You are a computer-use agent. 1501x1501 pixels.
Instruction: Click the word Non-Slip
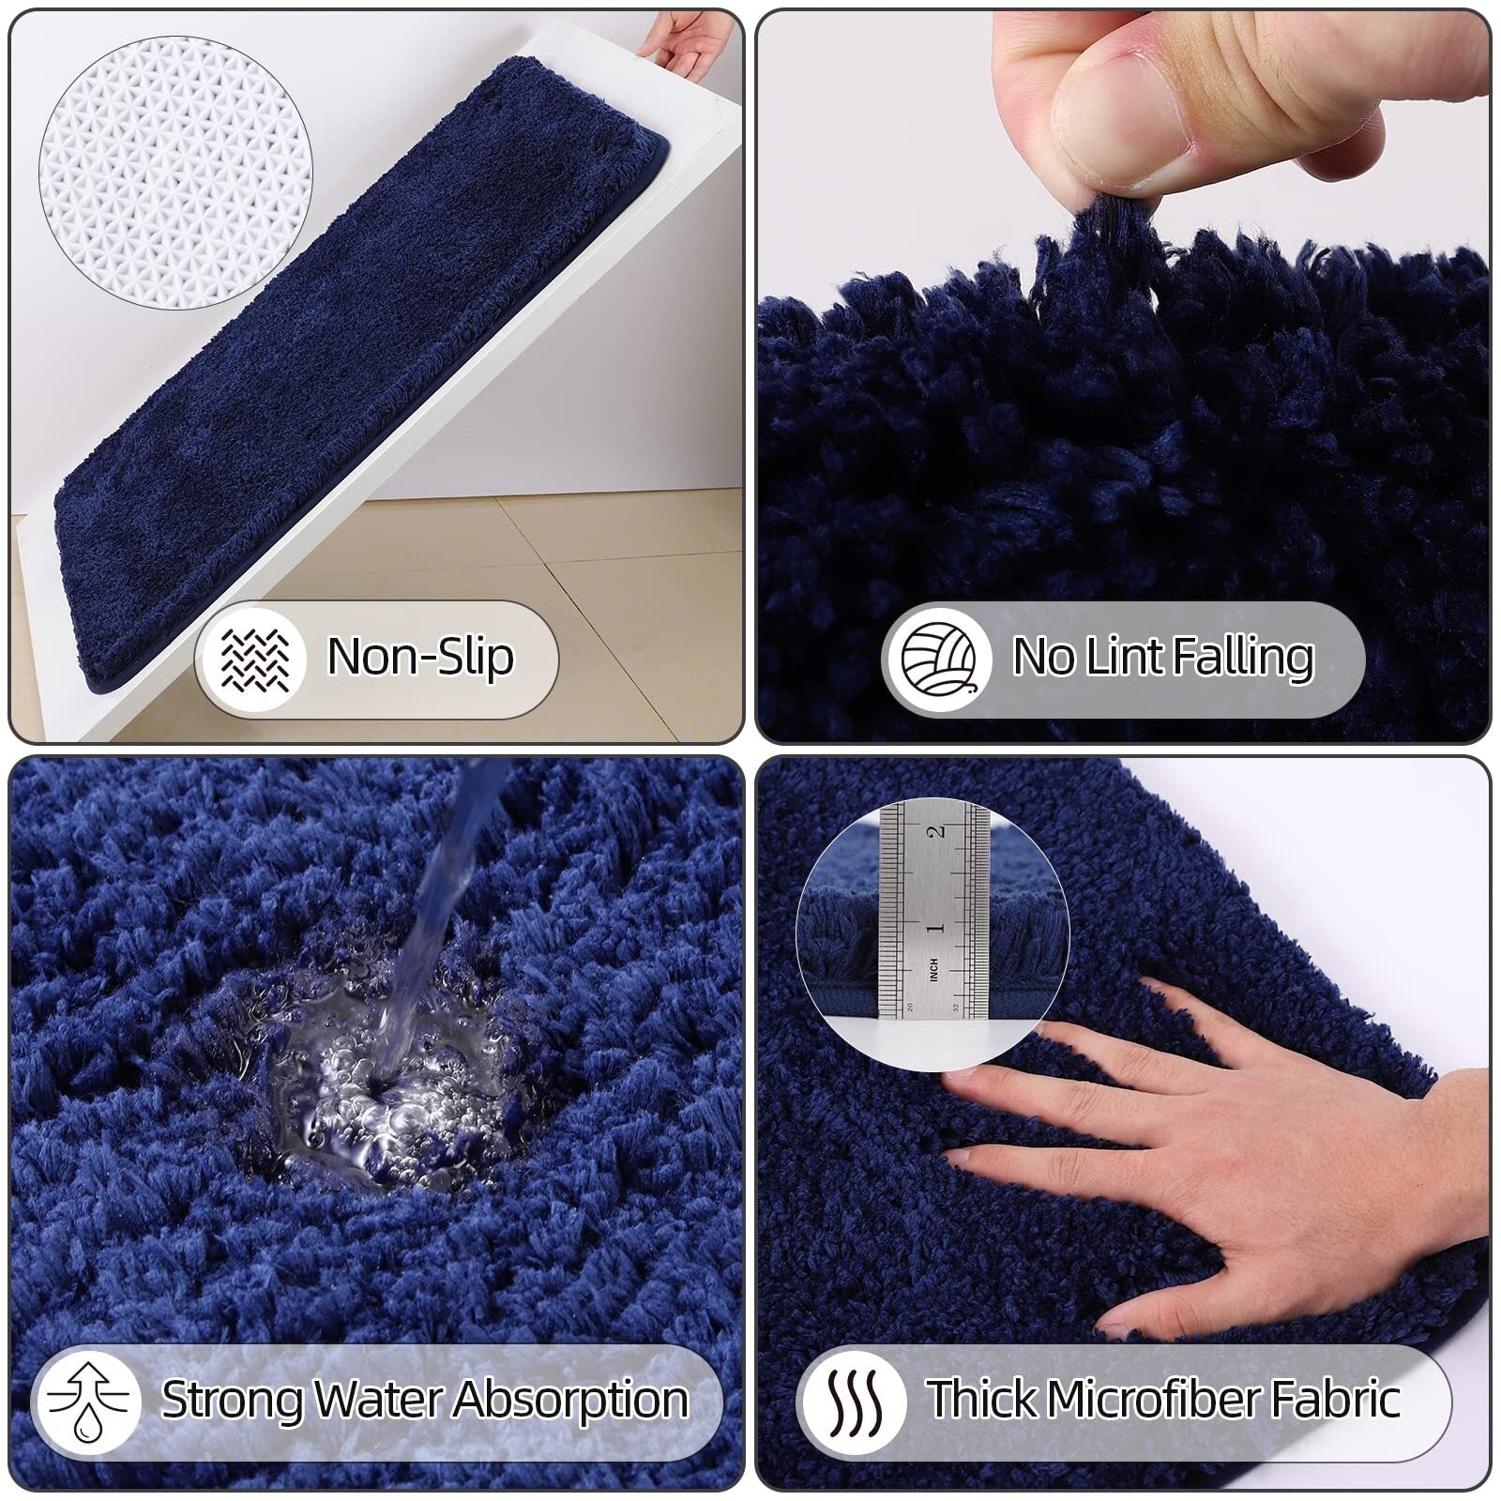[419, 657]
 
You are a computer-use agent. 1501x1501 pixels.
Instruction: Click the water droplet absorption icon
[89, 1401]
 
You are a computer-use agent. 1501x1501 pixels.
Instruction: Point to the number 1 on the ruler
[933, 928]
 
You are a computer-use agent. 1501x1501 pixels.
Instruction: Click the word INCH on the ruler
[933, 970]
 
